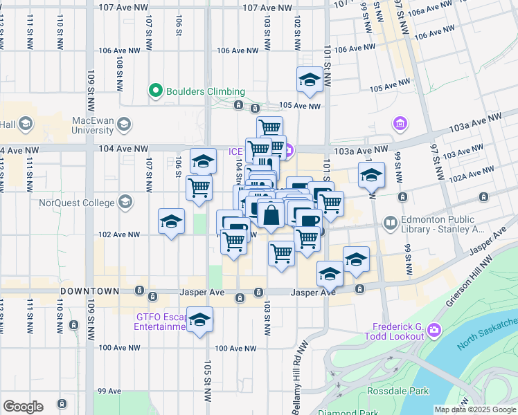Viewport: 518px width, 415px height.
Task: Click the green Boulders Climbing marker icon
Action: pyautogui.click(x=156, y=91)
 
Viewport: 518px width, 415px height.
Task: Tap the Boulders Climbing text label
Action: pyautogui.click(x=204, y=91)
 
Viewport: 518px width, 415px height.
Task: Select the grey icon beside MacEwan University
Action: pyautogui.click(x=125, y=124)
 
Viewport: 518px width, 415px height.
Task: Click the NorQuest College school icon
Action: pyautogui.click(x=125, y=203)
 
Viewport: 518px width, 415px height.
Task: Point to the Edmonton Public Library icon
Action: pyautogui.click(x=391, y=224)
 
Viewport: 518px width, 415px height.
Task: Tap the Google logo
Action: pyautogui.click(x=23, y=406)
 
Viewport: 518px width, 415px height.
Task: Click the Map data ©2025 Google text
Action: pyautogui.click(x=475, y=409)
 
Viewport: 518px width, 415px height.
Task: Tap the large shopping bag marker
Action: pyautogui.click(x=271, y=215)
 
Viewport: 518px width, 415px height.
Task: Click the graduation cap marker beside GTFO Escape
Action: pyautogui.click(x=199, y=320)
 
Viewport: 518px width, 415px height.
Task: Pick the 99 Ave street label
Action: pyautogui.click(x=109, y=391)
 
